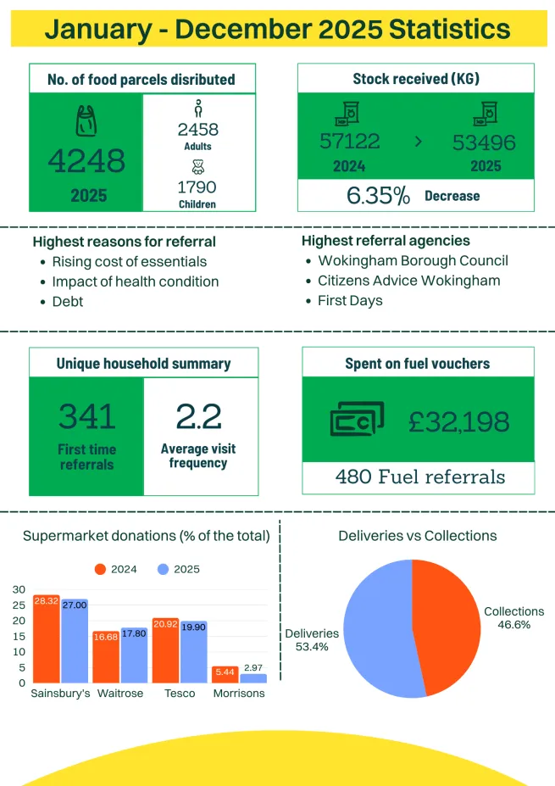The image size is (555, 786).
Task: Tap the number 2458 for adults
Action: click(x=198, y=129)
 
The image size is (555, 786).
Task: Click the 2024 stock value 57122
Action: click(x=350, y=142)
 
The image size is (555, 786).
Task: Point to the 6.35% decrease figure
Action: click(x=379, y=196)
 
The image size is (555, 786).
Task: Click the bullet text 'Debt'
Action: click(x=68, y=302)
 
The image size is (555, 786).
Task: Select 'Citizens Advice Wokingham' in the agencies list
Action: click(x=408, y=281)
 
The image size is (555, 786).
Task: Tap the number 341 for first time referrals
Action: click(x=87, y=416)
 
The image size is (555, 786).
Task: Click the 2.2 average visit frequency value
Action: click(x=198, y=416)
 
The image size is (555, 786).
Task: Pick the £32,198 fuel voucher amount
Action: click(x=458, y=421)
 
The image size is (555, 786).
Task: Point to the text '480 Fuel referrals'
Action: click(x=420, y=477)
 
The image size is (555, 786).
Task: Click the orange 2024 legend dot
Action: click(x=100, y=569)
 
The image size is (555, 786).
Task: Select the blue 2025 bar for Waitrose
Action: click(x=134, y=655)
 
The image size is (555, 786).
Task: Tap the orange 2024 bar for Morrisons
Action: click(x=225, y=674)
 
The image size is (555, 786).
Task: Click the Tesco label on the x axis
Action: click(x=180, y=694)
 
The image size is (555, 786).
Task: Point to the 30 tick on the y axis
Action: click(x=19, y=589)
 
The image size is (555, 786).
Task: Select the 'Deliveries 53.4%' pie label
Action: click(x=312, y=639)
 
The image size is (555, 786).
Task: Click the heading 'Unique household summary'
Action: click(x=143, y=364)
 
